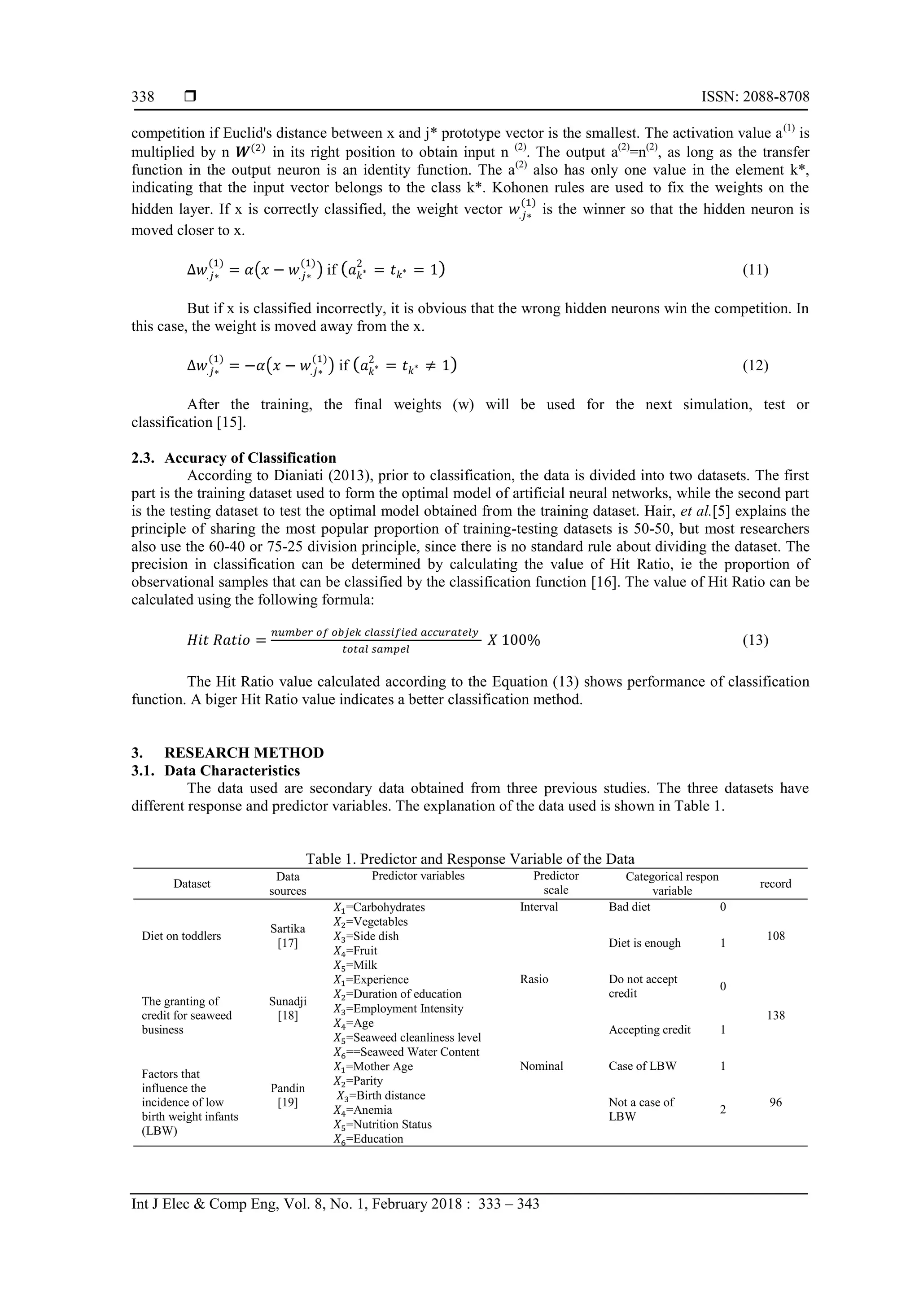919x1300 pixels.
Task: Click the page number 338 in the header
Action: coord(143,97)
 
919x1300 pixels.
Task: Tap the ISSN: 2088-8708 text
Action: coord(755,97)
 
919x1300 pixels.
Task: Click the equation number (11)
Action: coord(755,270)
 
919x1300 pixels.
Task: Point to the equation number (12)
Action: coord(755,365)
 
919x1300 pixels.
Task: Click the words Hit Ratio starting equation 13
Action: coord(219,640)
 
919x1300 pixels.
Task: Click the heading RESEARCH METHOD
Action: coord(244,753)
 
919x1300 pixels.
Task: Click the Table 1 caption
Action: coord(470,859)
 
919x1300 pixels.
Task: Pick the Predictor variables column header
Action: coord(418,876)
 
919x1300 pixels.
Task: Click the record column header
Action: coord(775,883)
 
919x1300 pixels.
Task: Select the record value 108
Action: coord(775,936)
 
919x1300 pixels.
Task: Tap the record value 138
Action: coord(775,1015)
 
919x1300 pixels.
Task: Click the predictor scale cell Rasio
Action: coord(534,979)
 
